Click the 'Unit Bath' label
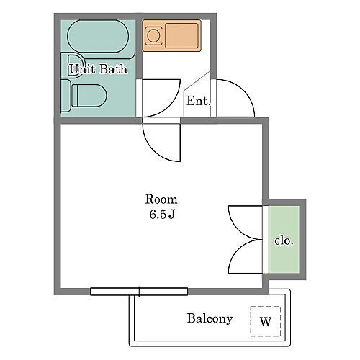[98, 70]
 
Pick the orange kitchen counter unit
[171, 37]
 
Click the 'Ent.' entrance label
[197, 102]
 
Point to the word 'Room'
[161, 199]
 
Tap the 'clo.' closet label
[284, 240]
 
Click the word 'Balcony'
[210, 318]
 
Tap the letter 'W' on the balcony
[265, 321]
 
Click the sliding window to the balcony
[139, 292]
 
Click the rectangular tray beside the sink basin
[182, 36]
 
